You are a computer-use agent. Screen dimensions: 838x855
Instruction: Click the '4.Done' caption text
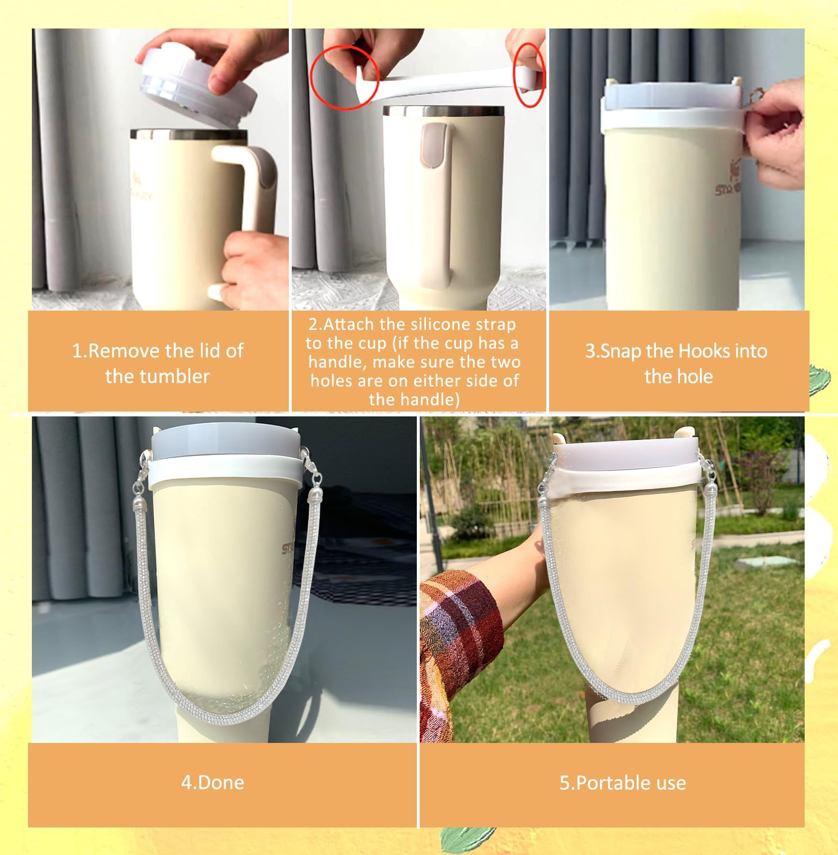[213, 782]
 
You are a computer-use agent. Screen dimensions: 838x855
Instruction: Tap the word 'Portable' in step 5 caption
[610, 783]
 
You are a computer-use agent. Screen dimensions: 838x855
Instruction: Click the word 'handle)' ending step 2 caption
[414, 399]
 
